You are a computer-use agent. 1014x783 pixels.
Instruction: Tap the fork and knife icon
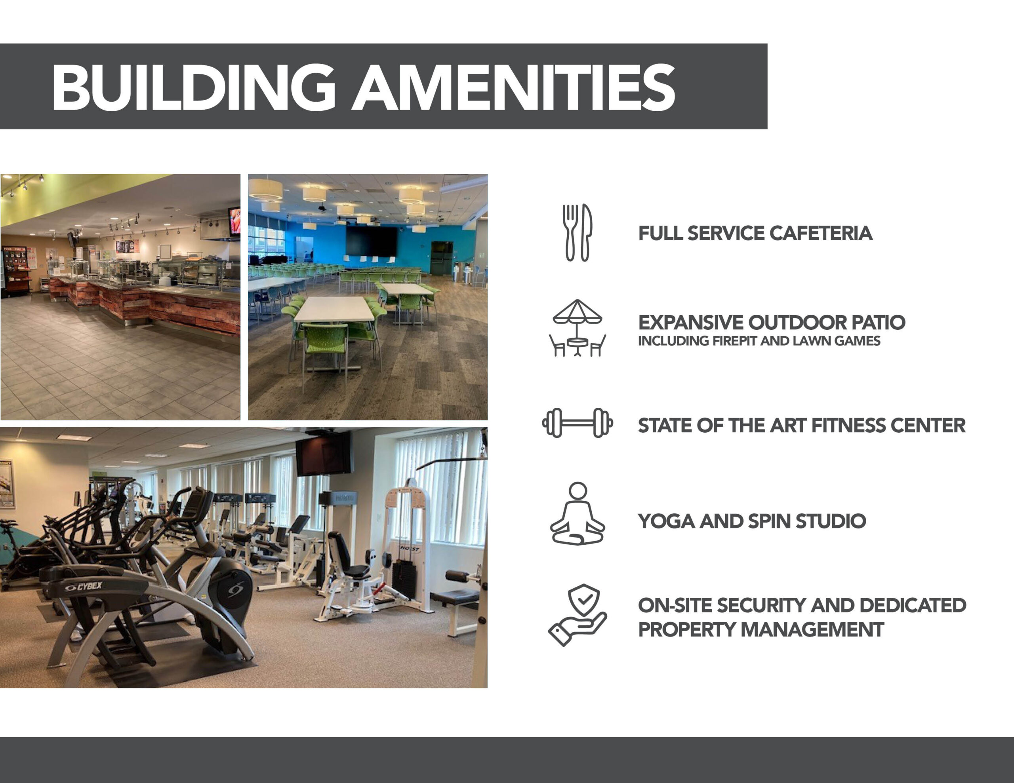(578, 232)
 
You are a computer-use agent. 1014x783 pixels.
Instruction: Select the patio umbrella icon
(578, 328)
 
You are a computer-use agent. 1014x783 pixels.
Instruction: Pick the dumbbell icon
(578, 423)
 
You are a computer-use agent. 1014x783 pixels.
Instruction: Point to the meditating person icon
(578, 513)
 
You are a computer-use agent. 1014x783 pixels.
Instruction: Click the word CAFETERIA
(821, 234)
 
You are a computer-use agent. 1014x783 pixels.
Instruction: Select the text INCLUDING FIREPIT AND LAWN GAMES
(759, 341)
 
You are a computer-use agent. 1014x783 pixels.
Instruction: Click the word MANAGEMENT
(812, 630)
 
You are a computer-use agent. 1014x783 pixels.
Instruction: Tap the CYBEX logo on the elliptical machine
(84, 587)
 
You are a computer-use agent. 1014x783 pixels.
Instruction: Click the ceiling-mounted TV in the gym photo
(324, 454)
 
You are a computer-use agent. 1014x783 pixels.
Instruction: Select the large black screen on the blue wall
(372, 240)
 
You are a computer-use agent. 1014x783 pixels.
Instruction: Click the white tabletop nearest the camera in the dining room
(334, 309)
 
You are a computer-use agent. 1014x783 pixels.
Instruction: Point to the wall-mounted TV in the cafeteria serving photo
(234, 221)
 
